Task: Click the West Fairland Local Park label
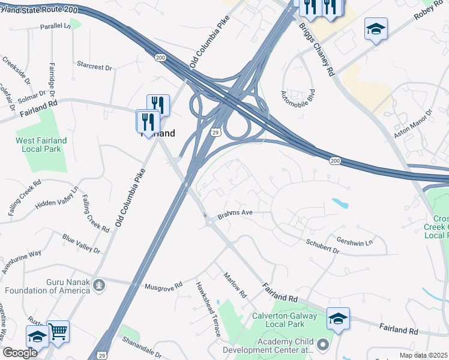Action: pos(41,144)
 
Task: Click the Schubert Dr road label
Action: pos(322,245)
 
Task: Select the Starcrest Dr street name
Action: pos(95,65)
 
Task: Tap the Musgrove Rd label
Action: pos(163,286)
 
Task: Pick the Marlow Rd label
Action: pos(235,286)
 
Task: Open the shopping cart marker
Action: pos(58,330)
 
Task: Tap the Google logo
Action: pos(20,353)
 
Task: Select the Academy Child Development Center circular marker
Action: pos(323,345)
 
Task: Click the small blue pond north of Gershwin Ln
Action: pos(340,203)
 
